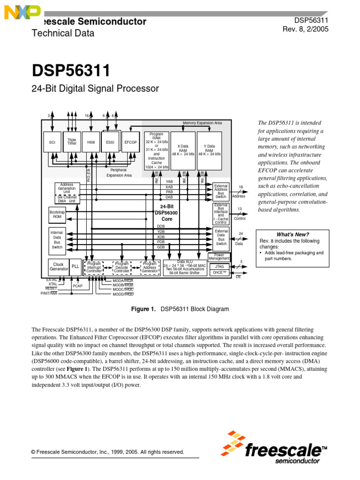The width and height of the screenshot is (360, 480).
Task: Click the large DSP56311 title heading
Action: pyautogui.click(x=71, y=71)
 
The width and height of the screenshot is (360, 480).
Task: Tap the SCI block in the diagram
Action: pyautogui.click(x=52, y=142)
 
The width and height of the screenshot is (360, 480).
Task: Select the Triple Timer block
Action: pyautogui.click(x=72, y=142)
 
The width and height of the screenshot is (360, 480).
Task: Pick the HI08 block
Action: pyautogui.click(x=90, y=142)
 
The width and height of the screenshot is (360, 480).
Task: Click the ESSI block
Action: pyautogui.click(x=110, y=142)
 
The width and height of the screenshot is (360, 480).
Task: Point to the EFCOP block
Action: pyautogui.click(x=130, y=142)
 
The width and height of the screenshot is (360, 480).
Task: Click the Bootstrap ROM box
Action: pyautogui.click(x=57, y=215)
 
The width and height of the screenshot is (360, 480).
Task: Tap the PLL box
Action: pyautogui.click(x=75, y=266)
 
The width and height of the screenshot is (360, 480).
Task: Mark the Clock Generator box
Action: pyautogui.click(x=58, y=266)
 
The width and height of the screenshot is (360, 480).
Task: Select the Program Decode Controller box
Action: pyautogui.click(x=122, y=267)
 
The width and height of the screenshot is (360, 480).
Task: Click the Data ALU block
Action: pyautogui.click(x=185, y=267)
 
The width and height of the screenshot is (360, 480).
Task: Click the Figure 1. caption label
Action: pyautogui.click(x=145, y=309)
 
